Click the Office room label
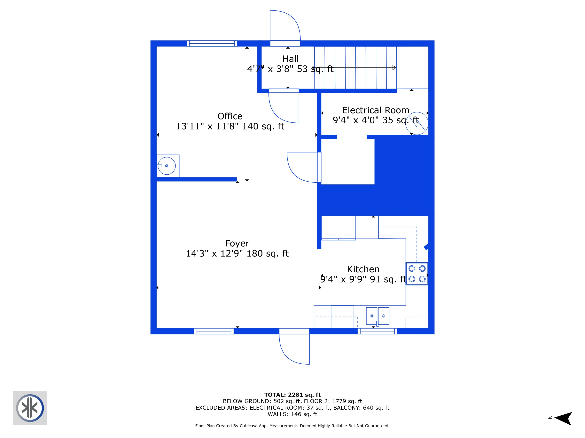[x=230, y=116]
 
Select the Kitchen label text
[x=363, y=269]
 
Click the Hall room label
[x=290, y=59]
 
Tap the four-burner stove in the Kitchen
[x=417, y=274]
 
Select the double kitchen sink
[x=377, y=316]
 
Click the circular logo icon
[x=30, y=408]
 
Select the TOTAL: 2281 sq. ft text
[x=292, y=395]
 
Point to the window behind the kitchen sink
[x=377, y=331]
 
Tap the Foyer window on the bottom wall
[x=214, y=331]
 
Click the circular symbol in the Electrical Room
[x=417, y=123]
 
